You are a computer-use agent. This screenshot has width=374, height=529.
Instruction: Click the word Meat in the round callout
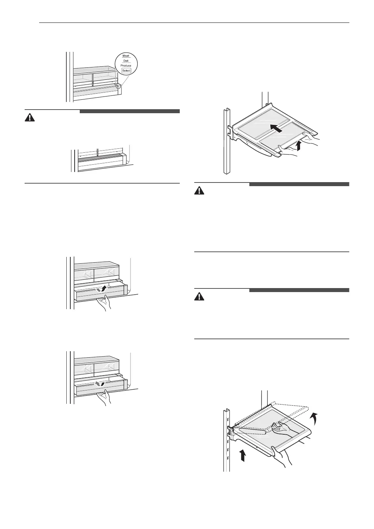point(126,56)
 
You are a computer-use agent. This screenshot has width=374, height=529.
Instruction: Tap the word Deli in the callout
point(126,61)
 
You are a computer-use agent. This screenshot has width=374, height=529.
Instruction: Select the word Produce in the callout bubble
point(126,66)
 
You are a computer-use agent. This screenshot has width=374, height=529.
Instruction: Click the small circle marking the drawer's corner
point(118,86)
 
